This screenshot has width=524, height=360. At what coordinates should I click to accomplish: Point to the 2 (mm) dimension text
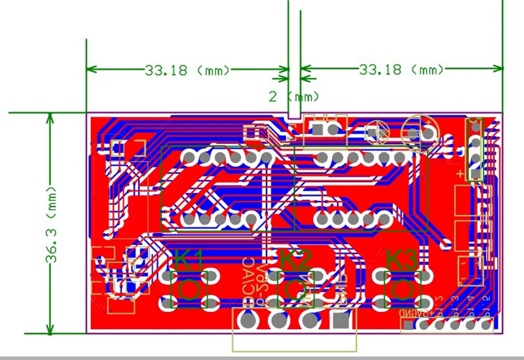click(x=294, y=96)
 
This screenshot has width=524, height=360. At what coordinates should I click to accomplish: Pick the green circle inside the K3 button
click(x=402, y=288)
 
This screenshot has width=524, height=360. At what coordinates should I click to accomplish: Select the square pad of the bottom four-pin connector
click(x=340, y=321)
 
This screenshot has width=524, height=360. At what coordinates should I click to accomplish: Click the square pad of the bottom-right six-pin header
click(x=409, y=325)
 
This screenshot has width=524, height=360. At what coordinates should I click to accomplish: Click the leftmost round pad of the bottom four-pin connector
click(x=248, y=321)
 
